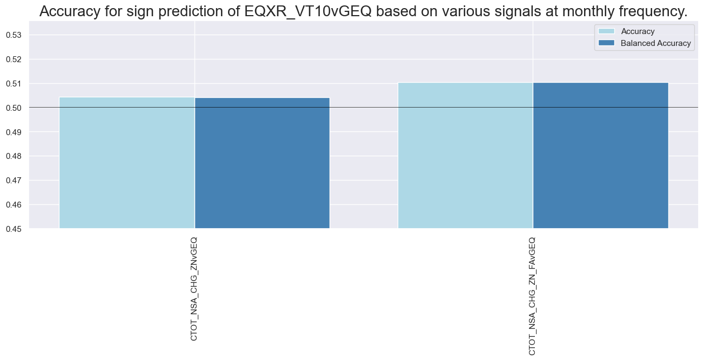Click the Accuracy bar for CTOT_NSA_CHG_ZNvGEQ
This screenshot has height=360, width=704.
point(126,162)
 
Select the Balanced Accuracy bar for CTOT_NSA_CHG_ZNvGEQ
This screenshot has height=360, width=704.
point(262,163)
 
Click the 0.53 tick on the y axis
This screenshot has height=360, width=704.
point(14,35)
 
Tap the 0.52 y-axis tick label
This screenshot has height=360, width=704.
point(14,59)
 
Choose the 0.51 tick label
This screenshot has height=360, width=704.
point(14,84)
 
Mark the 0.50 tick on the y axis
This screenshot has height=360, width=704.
point(14,108)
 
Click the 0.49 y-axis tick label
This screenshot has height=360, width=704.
point(14,132)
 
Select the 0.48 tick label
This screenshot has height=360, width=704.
point(14,157)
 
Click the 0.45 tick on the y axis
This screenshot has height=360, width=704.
point(14,229)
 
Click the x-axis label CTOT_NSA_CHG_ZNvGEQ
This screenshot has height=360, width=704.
point(194,288)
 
